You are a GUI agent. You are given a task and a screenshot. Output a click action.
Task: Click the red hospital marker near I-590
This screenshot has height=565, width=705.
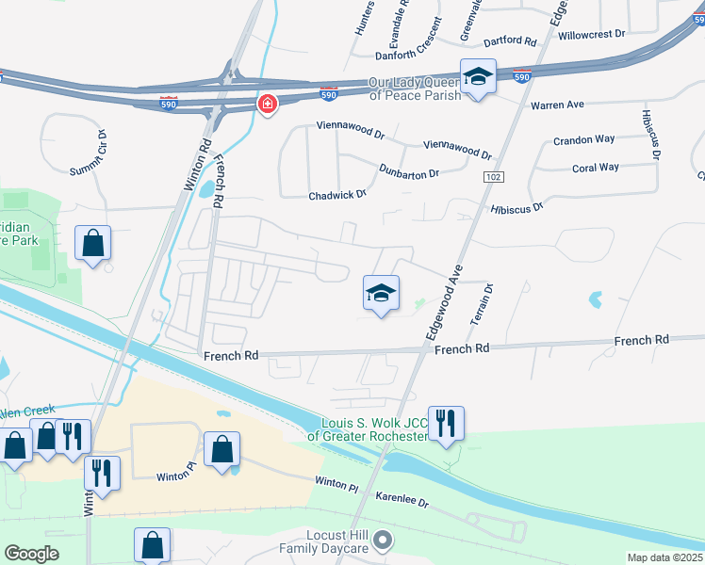tap(269, 103)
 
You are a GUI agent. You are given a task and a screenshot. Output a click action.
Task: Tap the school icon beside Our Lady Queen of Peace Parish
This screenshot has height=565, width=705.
tap(478, 77)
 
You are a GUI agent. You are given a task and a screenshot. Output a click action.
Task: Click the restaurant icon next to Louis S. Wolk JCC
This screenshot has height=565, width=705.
tap(445, 422)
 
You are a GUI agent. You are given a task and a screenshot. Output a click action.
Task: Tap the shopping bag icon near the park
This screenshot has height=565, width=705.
tap(93, 244)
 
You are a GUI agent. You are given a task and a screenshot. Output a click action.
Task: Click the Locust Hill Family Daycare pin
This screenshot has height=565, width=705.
tap(382, 541)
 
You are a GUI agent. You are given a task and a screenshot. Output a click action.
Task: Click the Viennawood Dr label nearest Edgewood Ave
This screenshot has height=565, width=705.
tap(458, 149)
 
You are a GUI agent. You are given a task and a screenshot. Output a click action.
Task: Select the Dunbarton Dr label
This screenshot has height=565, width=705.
tap(409, 172)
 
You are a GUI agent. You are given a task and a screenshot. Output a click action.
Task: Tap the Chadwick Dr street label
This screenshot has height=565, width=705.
tap(336, 195)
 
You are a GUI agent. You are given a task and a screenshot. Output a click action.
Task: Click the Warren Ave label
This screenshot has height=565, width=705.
tap(557, 104)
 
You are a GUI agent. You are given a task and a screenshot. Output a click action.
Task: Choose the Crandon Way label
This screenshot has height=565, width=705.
tap(583, 139)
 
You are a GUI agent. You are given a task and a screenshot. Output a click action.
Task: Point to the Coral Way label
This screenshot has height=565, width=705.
tap(596, 168)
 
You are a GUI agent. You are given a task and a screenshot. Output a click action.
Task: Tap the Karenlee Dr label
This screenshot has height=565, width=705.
tap(402, 498)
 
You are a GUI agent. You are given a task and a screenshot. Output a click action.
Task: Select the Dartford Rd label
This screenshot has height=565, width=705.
tap(509, 41)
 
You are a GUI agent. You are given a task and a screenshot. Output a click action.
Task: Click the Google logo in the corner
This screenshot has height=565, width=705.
tap(32, 554)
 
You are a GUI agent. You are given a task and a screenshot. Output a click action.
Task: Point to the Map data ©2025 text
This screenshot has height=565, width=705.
tap(664, 557)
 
